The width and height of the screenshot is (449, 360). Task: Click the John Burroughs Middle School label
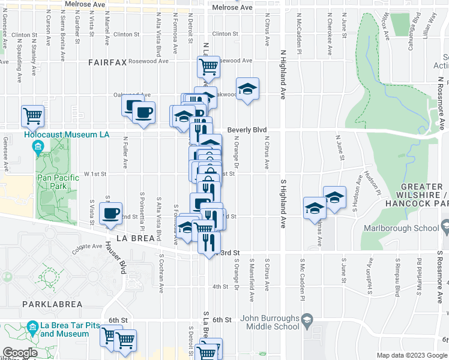[x=270, y=322]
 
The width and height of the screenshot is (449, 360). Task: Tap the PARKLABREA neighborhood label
[x=52, y=304]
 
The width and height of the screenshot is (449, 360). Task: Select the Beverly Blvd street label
[x=246, y=130]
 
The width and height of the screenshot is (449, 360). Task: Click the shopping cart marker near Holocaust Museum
[x=33, y=116]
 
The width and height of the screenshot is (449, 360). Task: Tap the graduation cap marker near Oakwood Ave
[x=247, y=89]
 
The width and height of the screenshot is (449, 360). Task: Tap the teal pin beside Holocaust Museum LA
[x=39, y=149]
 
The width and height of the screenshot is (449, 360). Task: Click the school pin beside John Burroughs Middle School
[x=307, y=318]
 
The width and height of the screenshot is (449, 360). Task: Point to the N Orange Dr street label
[x=237, y=155]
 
